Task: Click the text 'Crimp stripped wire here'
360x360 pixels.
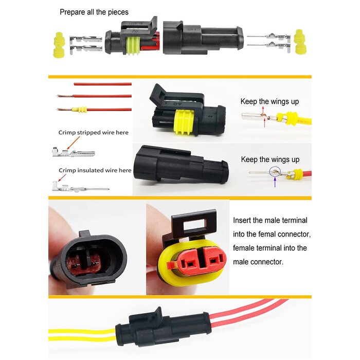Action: click(x=93, y=132)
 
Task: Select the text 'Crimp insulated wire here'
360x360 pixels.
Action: click(x=95, y=170)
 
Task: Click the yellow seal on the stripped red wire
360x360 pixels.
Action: click(x=81, y=111)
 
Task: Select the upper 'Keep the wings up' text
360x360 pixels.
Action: click(x=269, y=102)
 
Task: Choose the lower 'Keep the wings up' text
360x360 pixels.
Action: click(x=270, y=159)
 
